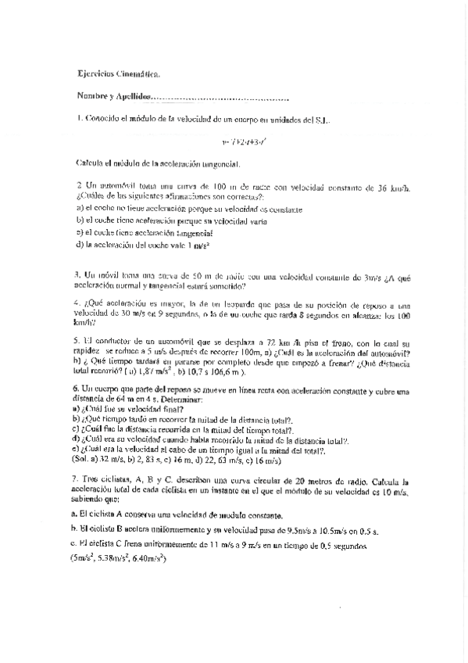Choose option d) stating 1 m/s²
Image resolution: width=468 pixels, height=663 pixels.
tap(144, 245)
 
